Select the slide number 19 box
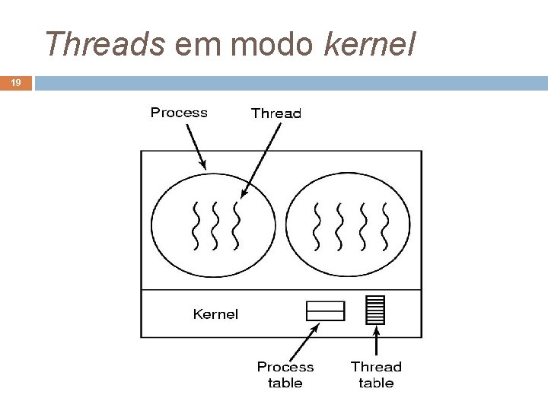click(14, 82)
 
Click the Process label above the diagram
click(179, 113)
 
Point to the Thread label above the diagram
click(276, 113)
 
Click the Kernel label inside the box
click(215, 314)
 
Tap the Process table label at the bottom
click(285, 374)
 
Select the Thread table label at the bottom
click(376, 374)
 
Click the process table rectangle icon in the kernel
click(325, 311)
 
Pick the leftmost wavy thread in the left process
click(196, 225)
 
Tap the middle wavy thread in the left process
click(216, 225)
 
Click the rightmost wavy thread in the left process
click(236, 225)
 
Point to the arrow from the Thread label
click(259, 160)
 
